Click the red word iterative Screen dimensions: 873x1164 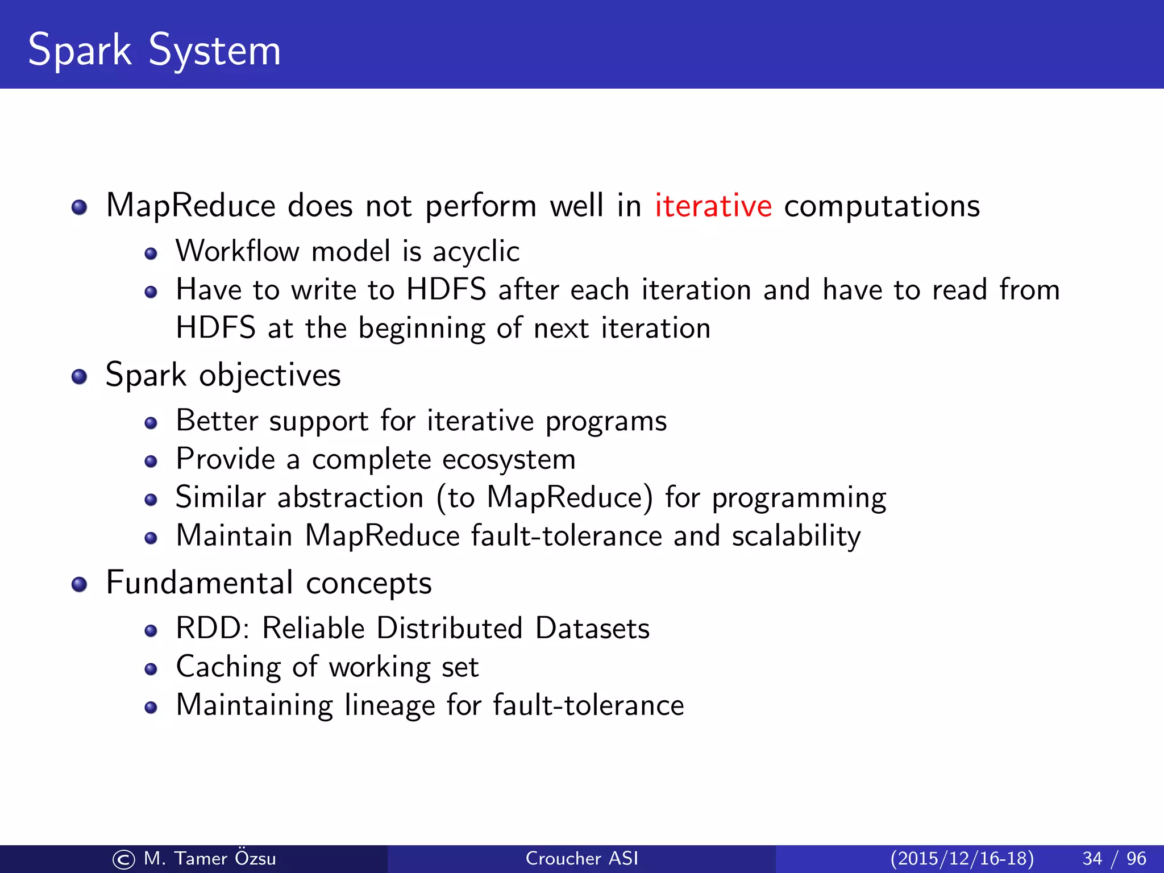pyautogui.click(x=713, y=206)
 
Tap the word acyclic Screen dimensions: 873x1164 pyautogui.click(x=476, y=252)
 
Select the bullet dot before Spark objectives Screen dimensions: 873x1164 pyautogui.click(x=80, y=376)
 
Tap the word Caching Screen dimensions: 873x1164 pyautogui.click(x=228, y=667)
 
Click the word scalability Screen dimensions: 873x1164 pyautogui.click(x=796, y=536)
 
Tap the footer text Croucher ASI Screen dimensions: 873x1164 pyautogui.click(x=582, y=859)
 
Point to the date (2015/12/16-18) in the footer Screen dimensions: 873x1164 pyautogui.click(x=962, y=859)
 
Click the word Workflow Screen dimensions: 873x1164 pyautogui.click(x=237, y=251)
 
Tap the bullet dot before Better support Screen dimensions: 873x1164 pyautogui.click(x=151, y=423)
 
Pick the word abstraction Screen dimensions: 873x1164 pyautogui.click(x=351, y=498)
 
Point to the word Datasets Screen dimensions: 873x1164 pyautogui.click(x=592, y=629)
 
